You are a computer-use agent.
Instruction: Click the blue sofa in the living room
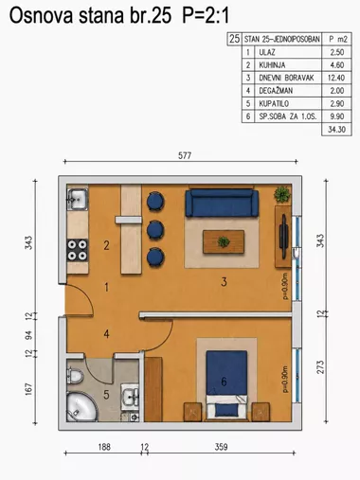(222, 204)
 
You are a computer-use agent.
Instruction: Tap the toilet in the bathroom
(75, 376)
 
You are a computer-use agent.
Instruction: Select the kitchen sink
(78, 199)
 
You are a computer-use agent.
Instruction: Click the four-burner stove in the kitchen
(78, 250)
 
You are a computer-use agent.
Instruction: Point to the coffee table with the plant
(224, 241)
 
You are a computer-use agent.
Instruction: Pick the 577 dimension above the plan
(185, 155)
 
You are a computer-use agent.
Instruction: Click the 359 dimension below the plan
(221, 447)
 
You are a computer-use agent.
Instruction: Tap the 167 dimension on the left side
(28, 389)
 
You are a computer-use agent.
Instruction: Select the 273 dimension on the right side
(320, 367)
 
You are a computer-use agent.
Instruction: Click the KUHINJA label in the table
(272, 65)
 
